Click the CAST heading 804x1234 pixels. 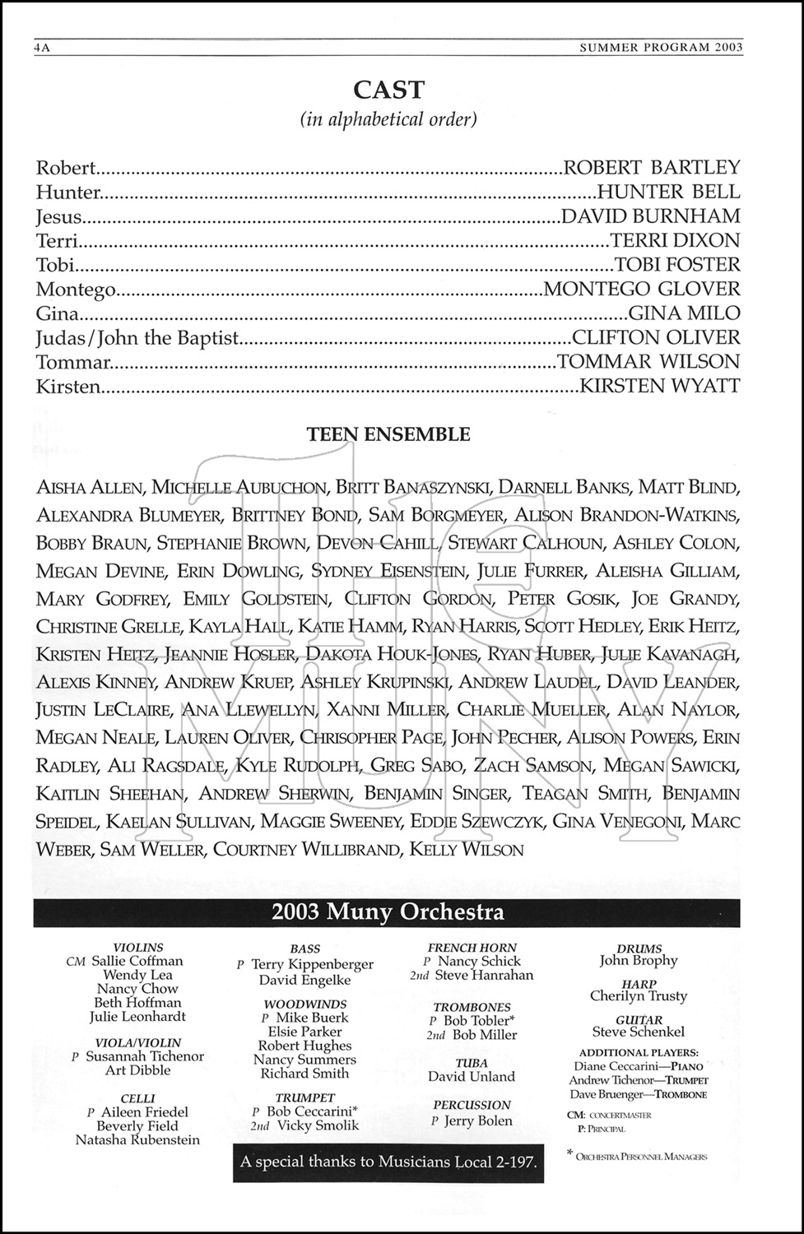[x=388, y=90]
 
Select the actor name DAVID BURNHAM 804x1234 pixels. [x=650, y=216]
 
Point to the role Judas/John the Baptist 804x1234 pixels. [x=137, y=337]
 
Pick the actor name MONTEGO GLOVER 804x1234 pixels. [x=642, y=289]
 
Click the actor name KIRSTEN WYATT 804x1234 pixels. [x=660, y=385]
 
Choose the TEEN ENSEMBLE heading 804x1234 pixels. [x=388, y=434]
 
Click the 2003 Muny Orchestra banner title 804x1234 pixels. [x=388, y=912]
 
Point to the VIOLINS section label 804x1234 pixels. [x=137, y=948]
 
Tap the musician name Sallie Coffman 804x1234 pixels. [x=137, y=961]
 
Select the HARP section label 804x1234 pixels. [x=639, y=984]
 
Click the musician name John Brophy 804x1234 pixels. [x=639, y=960]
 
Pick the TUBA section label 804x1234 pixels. [x=472, y=1063]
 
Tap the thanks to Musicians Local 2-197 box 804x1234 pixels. [x=388, y=1162]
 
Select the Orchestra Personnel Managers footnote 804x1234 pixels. [x=641, y=1157]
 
